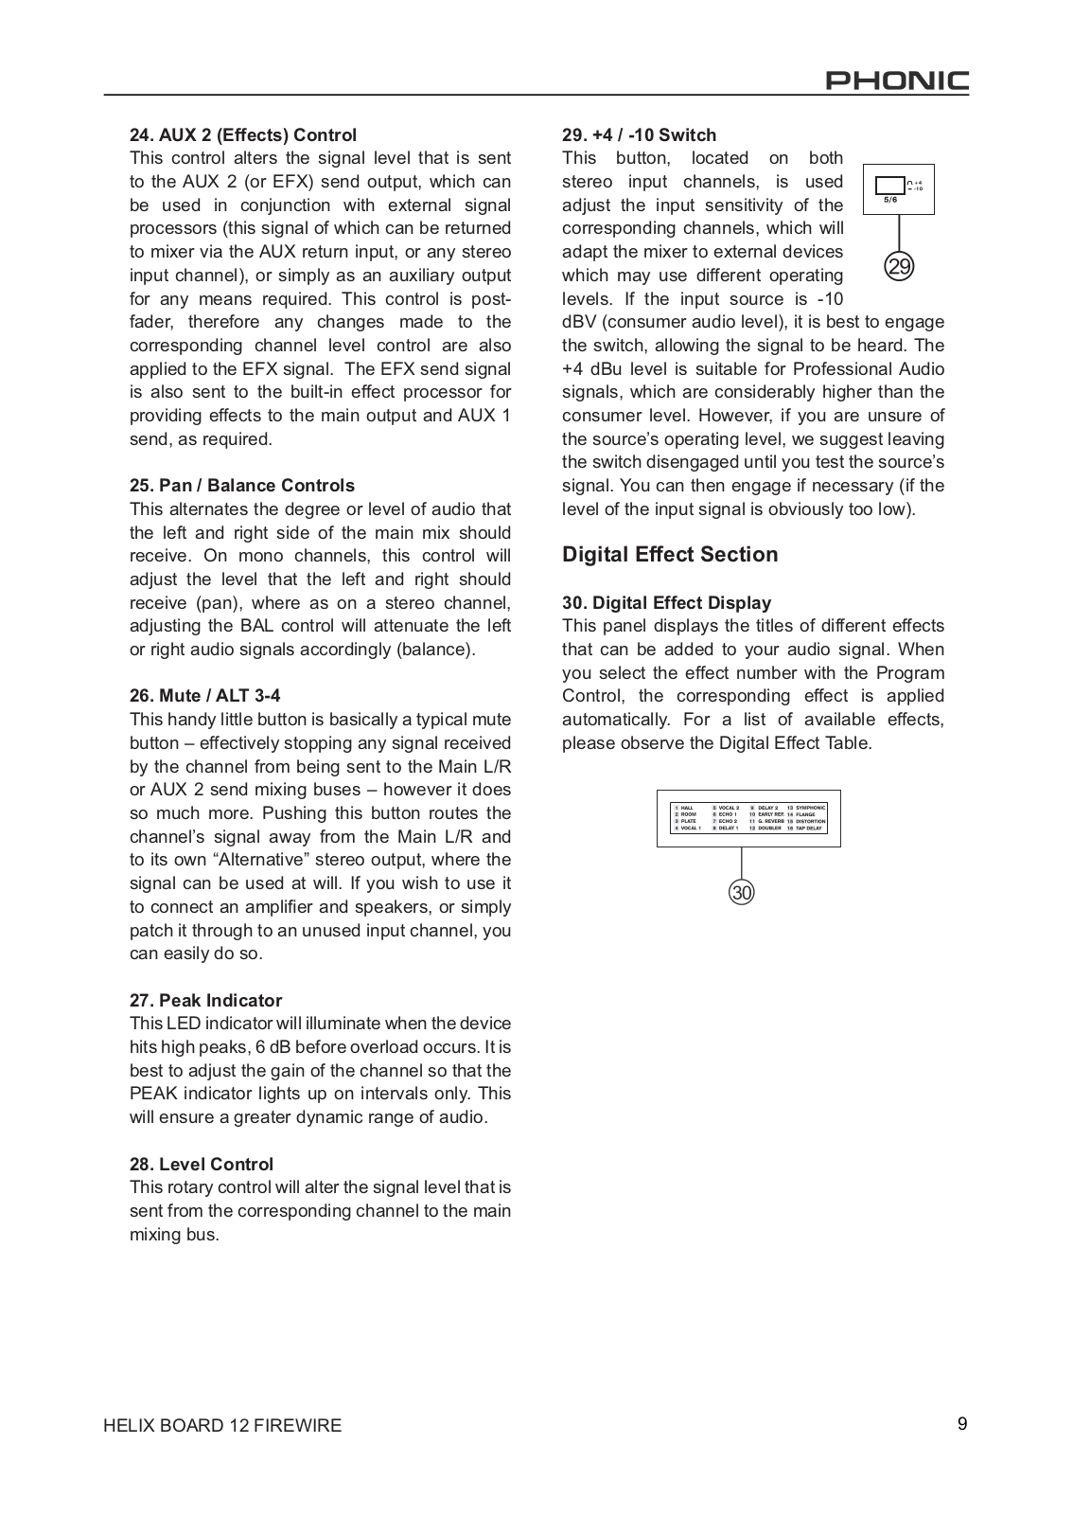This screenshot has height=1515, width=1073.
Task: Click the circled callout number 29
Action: (x=900, y=267)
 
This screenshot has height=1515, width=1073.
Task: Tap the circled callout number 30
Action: (x=742, y=892)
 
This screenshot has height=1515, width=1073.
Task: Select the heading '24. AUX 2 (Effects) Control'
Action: (x=243, y=135)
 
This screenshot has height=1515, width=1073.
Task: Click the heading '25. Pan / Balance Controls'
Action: (x=242, y=486)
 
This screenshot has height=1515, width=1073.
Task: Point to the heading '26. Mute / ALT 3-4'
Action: (x=205, y=696)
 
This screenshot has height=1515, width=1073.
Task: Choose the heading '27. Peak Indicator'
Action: (x=206, y=1001)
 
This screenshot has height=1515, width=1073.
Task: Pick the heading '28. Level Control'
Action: (x=202, y=1165)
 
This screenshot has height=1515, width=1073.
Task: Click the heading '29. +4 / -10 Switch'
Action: (x=640, y=135)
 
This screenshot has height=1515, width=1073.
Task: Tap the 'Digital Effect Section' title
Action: (x=670, y=555)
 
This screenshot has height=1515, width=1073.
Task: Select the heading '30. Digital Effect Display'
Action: (x=667, y=603)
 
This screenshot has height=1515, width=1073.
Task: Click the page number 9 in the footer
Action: (x=962, y=1424)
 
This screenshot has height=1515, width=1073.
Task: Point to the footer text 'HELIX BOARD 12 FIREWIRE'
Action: (x=223, y=1426)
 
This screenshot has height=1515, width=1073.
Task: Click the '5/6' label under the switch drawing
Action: (x=889, y=200)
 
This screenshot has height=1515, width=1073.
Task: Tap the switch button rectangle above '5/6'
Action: (x=889, y=186)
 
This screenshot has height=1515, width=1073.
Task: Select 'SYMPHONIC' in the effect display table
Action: (x=811, y=808)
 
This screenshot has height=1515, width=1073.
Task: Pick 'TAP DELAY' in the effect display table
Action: (x=809, y=829)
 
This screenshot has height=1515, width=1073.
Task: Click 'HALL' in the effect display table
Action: (x=688, y=808)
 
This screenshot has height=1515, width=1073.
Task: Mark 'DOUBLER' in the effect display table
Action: (x=769, y=829)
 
